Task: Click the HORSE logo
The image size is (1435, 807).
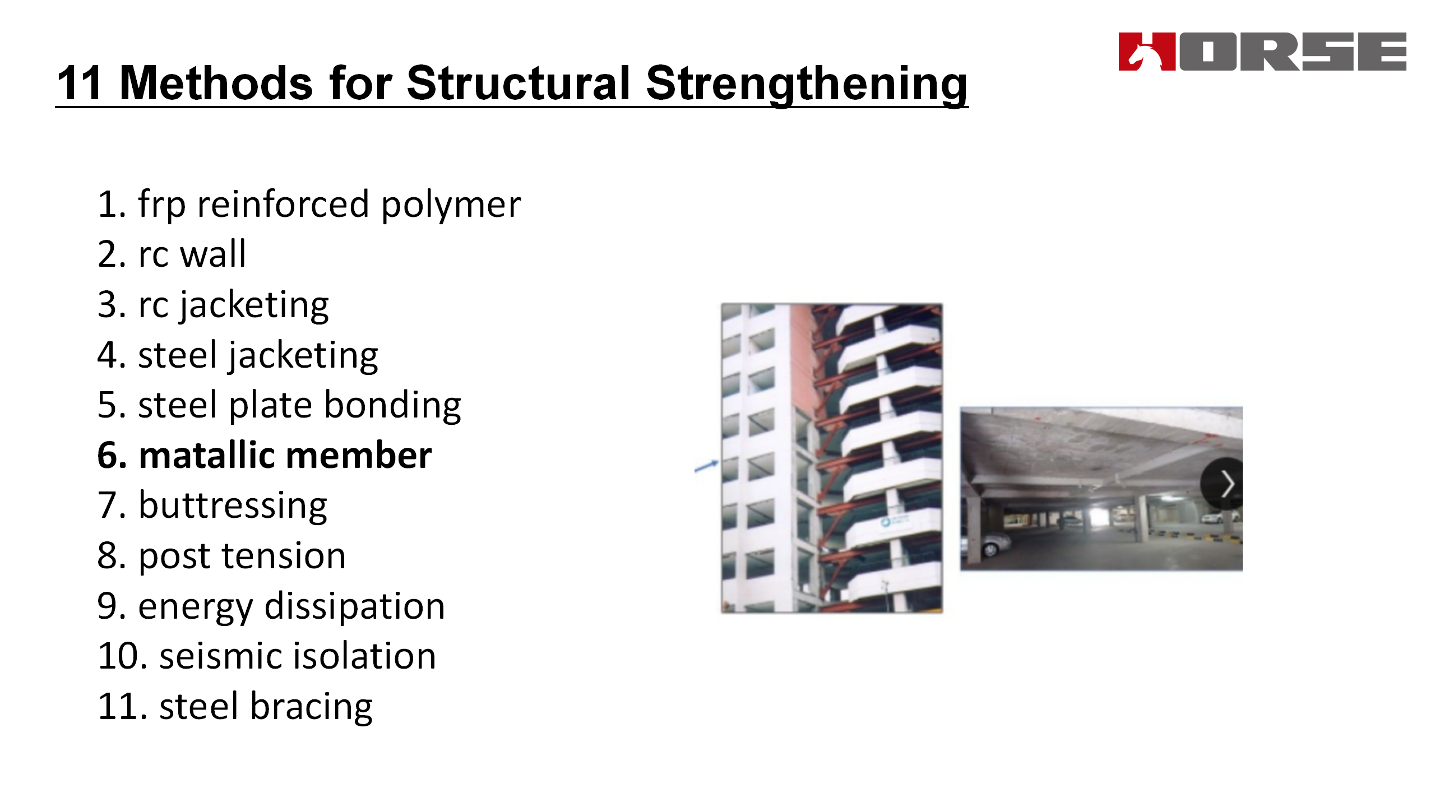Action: [1262, 52]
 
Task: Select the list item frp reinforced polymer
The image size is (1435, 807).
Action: [309, 205]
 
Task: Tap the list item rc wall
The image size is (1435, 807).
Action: [172, 254]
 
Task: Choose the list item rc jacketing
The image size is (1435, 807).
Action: [213, 305]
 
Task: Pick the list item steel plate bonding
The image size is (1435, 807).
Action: [279, 405]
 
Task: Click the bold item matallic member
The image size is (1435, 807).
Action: [265, 455]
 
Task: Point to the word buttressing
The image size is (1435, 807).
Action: [233, 506]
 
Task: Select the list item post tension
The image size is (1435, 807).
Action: [221, 556]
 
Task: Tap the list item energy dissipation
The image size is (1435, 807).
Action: [271, 607]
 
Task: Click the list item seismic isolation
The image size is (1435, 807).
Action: [267, 656]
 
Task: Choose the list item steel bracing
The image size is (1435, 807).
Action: [235, 707]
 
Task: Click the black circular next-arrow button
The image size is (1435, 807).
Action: [1222, 484]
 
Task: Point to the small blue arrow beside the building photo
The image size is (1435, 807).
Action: [706, 466]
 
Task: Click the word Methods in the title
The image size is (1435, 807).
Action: [216, 83]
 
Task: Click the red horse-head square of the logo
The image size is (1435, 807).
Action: [1147, 52]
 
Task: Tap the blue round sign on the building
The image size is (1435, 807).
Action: [886, 522]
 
